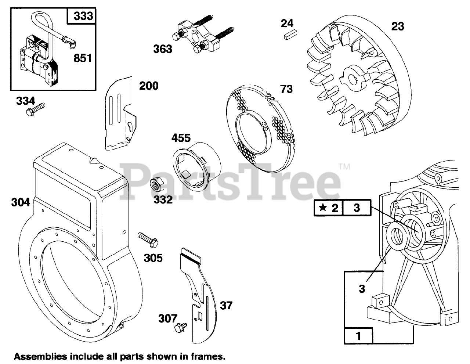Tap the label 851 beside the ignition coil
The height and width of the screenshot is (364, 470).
(x=83, y=58)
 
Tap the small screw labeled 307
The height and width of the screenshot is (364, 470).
(x=180, y=326)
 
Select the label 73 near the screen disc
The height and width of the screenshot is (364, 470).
(x=286, y=89)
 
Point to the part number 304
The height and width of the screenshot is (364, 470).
(x=20, y=202)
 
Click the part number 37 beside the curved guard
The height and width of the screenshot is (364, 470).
(x=226, y=305)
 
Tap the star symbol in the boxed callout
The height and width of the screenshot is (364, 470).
(x=323, y=208)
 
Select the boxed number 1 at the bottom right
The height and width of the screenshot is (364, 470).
(x=358, y=336)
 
